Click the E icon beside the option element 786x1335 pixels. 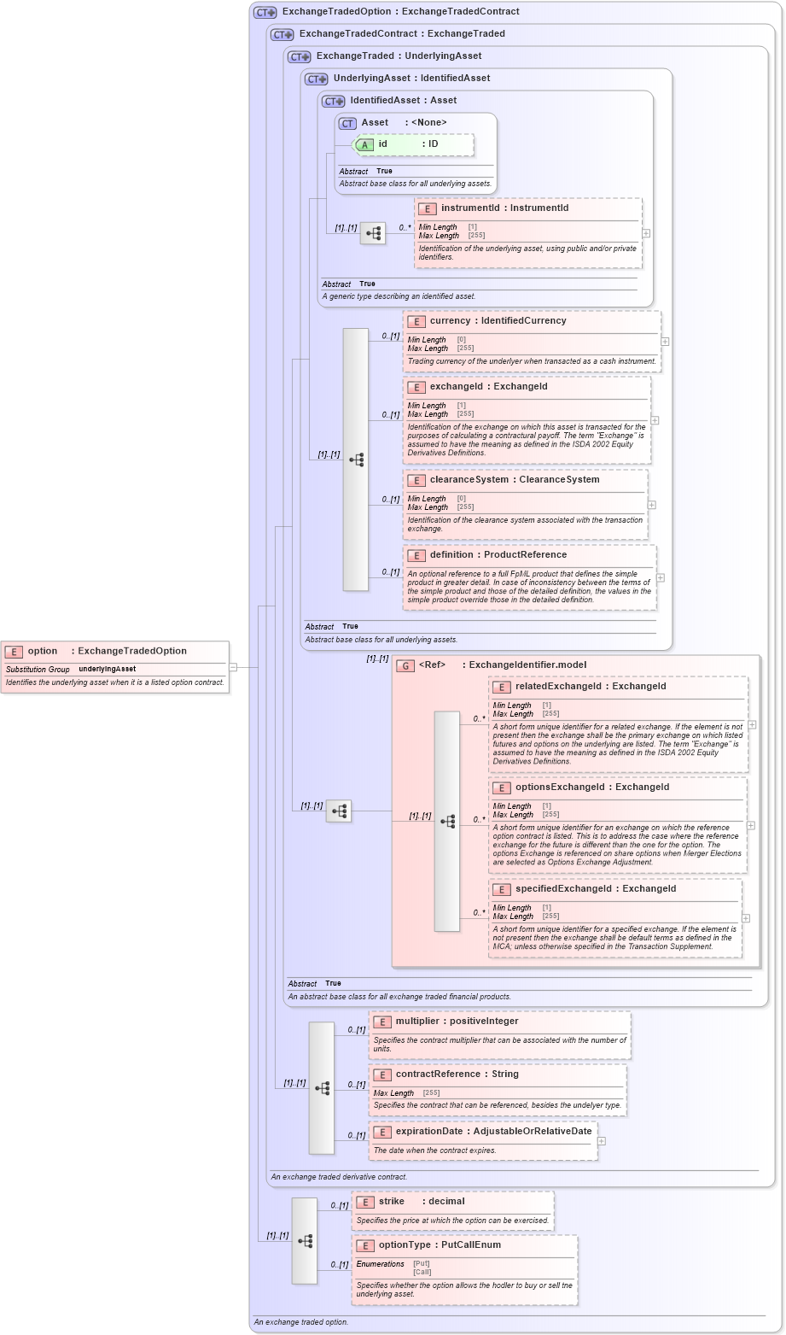14,651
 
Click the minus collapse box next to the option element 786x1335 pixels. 233,667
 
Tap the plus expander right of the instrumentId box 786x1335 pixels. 646,232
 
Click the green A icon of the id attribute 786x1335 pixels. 364,144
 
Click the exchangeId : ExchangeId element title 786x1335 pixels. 488,387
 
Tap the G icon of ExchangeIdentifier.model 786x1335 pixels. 406,665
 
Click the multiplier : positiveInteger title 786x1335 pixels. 457,1022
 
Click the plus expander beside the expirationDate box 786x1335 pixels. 602,1140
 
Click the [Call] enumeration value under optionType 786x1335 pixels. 422,1272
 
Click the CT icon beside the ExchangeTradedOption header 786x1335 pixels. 265,12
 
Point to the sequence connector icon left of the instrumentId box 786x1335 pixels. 373,232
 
